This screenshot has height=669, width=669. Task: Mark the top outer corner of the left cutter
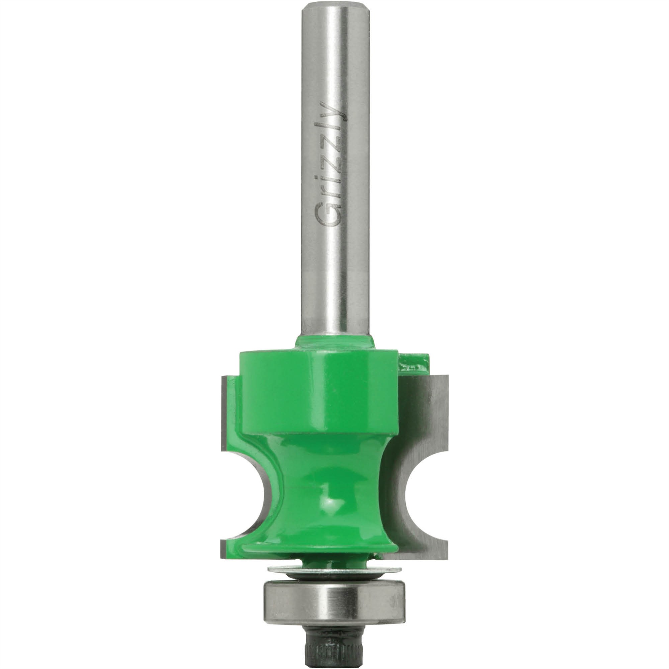pos(223,377)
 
